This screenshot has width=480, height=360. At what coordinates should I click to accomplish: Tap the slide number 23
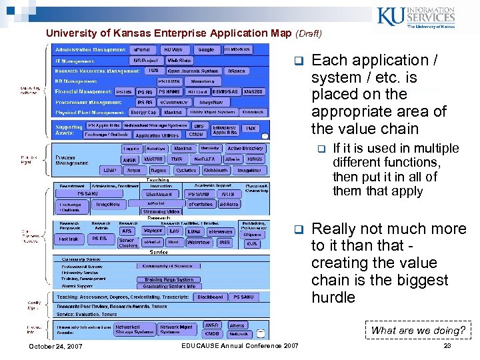click(x=447, y=346)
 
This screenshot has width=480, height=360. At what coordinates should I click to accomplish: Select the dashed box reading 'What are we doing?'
click(x=418, y=330)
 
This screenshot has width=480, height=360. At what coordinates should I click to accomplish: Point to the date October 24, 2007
click(x=55, y=346)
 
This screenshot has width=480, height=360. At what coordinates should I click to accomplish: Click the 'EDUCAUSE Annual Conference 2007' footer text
click(x=240, y=345)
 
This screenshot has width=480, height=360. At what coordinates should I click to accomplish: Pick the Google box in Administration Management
click(x=206, y=49)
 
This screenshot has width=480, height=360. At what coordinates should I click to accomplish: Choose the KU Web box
click(x=173, y=49)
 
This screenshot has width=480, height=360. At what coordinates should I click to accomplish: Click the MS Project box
click(x=147, y=60)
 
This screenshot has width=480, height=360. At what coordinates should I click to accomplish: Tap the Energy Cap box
click(x=143, y=112)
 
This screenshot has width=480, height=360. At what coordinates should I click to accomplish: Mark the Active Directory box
click(x=245, y=149)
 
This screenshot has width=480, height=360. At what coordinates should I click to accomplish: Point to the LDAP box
click(x=110, y=170)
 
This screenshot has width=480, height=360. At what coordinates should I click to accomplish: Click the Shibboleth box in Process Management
click(x=217, y=170)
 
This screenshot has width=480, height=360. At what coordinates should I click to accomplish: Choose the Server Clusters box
click(x=127, y=243)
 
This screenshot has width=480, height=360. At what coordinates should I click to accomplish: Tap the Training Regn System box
click(x=169, y=280)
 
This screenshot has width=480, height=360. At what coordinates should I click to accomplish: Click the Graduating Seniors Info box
click(x=169, y=287)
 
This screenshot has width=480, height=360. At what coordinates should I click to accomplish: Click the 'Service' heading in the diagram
click(x=159, y=253)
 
